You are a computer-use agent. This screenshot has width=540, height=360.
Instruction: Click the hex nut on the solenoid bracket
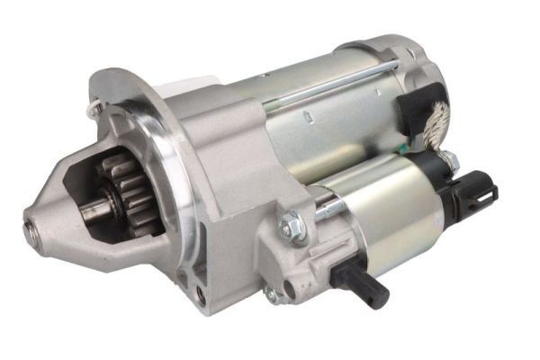pos(292,226)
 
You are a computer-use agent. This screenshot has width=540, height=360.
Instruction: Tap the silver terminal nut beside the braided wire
pos(450,163)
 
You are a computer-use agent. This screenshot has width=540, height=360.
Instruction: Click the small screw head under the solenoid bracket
pos(270,294)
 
